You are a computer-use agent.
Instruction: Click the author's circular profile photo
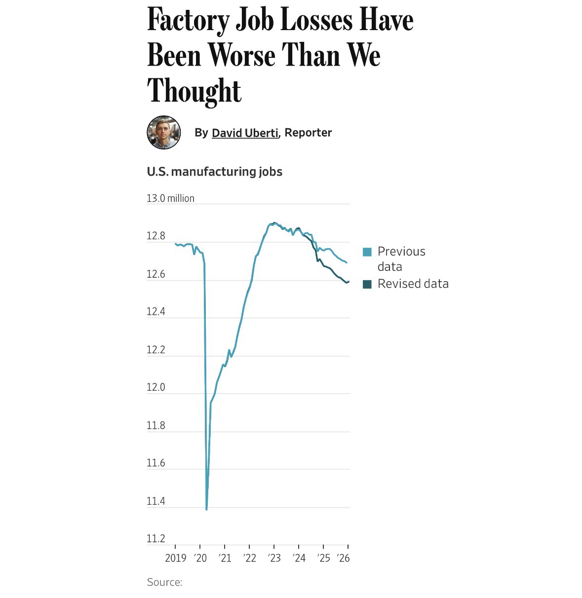(164, 133)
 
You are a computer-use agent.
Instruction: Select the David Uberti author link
(245, 133)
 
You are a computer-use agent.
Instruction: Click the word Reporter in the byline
(308, 133)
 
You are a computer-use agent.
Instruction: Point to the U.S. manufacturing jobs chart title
(215, 172)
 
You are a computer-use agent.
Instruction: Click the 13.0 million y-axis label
(170, 198)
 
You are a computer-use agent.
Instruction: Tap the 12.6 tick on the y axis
(156, 274)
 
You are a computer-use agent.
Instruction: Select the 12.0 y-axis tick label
(156, 388)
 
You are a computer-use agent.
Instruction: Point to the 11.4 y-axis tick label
(156, 501)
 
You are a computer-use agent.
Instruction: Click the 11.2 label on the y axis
(156, 539)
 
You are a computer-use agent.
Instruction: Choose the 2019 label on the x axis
(175, 558)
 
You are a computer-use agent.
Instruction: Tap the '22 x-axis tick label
(249, 558)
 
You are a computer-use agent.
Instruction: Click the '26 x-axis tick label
(343, 558)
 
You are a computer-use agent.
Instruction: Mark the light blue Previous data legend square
(367, 252)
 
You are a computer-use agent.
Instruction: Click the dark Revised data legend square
(367, 284)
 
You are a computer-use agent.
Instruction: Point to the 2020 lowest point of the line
(206, 509)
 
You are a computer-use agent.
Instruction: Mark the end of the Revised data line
(349, 282)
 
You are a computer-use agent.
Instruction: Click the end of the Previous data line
(347, 262)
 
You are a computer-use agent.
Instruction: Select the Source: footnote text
(165, 582)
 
